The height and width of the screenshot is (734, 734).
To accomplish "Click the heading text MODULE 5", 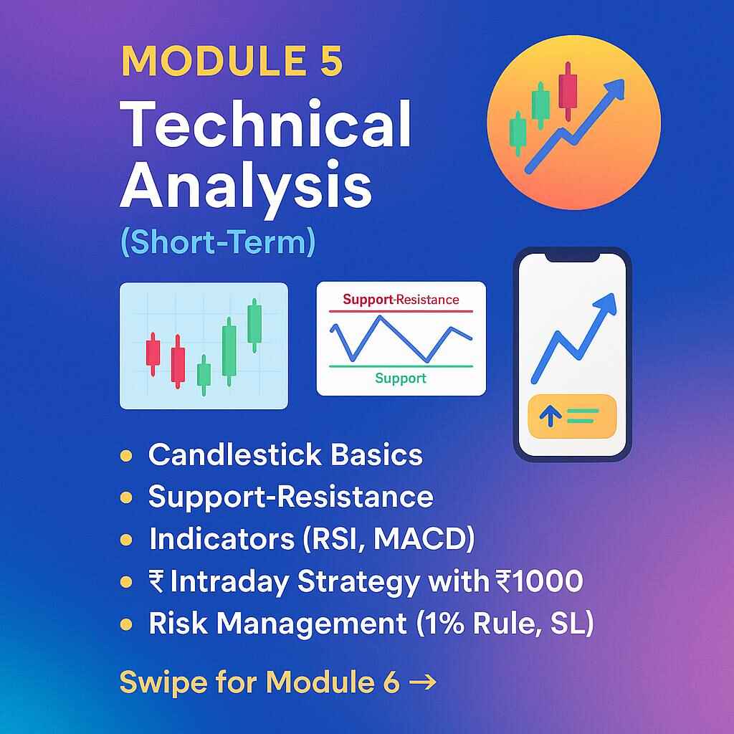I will pos(232,61).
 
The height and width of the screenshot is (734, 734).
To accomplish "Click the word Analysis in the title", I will pos(246,185).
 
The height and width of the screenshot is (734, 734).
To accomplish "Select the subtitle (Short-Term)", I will pos(218,242).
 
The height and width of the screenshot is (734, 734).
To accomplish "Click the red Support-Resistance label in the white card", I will pos(401,299).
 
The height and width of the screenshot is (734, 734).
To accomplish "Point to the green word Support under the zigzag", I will pos(400,378).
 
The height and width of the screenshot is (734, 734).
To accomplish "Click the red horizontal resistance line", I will pos(401,312).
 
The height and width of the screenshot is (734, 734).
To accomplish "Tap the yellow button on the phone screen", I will pos(572,416).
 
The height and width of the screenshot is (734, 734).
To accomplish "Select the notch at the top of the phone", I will pos(572,255).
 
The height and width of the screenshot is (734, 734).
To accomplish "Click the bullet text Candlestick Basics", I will pos(285,455).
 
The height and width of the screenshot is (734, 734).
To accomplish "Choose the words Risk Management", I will pos(277,624).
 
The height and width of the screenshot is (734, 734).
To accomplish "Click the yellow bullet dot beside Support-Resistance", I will pos(127,497).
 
